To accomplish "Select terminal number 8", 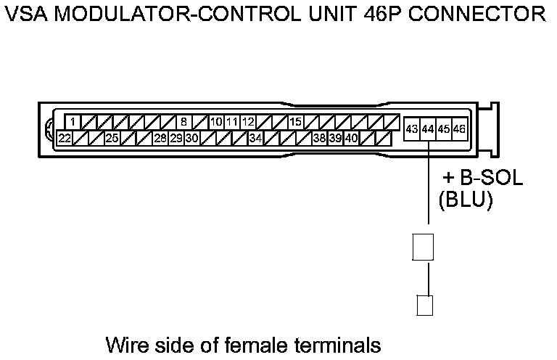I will pos(183,122).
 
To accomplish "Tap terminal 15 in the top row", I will pos(295,122).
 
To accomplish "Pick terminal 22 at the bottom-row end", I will pos(65,137).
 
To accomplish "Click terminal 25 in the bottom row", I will pos(112,137).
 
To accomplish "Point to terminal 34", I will pos(255,137).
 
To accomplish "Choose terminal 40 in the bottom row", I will pos(351,137).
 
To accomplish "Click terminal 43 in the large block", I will pos(412,128).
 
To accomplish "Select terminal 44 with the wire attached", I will pos(428,128).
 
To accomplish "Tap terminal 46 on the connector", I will pos(459,128).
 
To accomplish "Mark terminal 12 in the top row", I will pos(247,122).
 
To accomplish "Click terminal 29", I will pos(176,137).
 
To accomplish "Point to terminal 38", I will pos(319,137).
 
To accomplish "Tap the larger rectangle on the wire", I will pos(423,247).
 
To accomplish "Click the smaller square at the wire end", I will pos(425,305).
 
